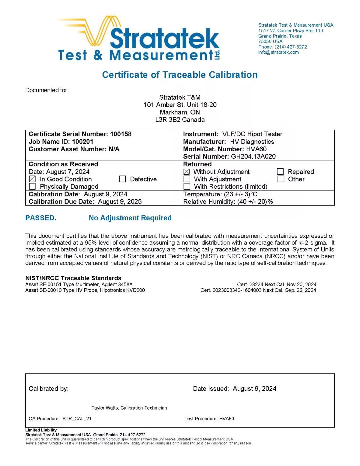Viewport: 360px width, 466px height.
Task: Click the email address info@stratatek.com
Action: point(278,52)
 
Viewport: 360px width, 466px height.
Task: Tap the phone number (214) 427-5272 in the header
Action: point(290,47)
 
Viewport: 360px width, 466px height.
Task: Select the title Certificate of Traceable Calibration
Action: point(180,75)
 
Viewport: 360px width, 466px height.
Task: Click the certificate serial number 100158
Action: point(121,134)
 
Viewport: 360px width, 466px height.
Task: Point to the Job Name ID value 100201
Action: point(82,142)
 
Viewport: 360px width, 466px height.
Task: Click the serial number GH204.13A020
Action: point(253,156)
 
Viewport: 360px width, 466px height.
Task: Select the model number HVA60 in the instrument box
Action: point(256,149)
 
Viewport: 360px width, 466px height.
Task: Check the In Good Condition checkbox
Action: point(32,179)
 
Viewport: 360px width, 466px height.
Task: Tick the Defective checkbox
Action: point(122,179)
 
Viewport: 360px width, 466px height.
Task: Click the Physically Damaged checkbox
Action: point(32,187)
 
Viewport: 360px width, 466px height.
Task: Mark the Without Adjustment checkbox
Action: point(187,172)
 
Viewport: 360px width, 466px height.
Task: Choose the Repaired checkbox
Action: point(280,172)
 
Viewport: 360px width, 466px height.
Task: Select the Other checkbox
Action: point(281,179)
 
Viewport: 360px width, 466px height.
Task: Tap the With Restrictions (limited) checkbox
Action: point(187,187)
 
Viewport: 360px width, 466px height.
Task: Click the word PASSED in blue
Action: point(40,218)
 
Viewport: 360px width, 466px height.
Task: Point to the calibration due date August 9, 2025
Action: point(120,202)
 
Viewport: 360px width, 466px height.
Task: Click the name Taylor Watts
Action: point(105,408)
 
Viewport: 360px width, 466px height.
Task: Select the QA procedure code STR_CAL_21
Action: point(77,419)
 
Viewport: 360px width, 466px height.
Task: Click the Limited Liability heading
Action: point(41,430)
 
